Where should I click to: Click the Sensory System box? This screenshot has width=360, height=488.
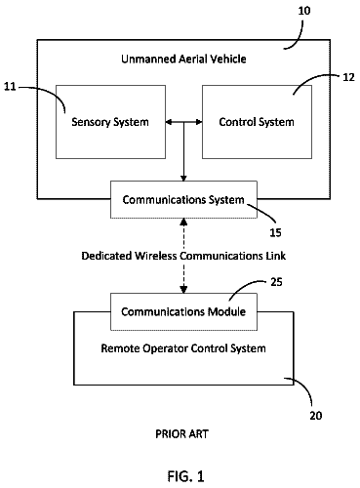pyautogui.click(x=110, y=122)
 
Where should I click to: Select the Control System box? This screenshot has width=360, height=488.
pyautogui.click(x=257, y=122)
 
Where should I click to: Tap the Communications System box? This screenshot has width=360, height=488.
pyautogui.click(x=183, y=199)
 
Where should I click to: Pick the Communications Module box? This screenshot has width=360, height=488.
pyautogui.click(x=183, y=311)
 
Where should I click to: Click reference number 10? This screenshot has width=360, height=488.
pyautogui.click(x=304, y=11)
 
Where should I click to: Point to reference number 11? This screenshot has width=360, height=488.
pyautogui.click(x=10, y=87)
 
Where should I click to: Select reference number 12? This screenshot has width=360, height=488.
pyautogui.click(x=348, y=77)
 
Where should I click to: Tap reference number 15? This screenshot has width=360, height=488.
pyautogui.click(x=275, y=232)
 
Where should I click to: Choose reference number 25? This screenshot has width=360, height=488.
pyautogui.click(x=276, y=282)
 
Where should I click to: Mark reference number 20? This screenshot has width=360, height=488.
pyautogui.click(x=316, y=416)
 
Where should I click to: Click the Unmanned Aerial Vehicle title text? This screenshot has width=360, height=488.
pyautogui.click(x=183, y=59)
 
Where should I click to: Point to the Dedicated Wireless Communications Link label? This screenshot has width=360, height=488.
pyautogui.click(x=183, y=256)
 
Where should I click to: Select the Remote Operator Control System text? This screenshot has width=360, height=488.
pyautogui.click(x=183, y=348)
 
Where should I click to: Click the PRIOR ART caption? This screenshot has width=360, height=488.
pyautogui.click(x=181, y=433)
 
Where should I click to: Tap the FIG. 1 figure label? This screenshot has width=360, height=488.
pyautogui.click(x=185, y=476)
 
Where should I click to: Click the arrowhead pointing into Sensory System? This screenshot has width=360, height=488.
pyautogui.click(x=169, y=122)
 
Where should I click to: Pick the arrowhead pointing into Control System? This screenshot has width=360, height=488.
pyautogui.click(x=199, y=122)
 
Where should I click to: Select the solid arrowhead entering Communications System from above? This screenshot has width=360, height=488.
pyautogui.click(x=183, y=178)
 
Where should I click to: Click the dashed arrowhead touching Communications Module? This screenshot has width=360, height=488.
pyautogui.click(x=183, y=289)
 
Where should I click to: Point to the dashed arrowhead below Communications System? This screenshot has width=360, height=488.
pyautogui.click(x=183, y=223)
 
